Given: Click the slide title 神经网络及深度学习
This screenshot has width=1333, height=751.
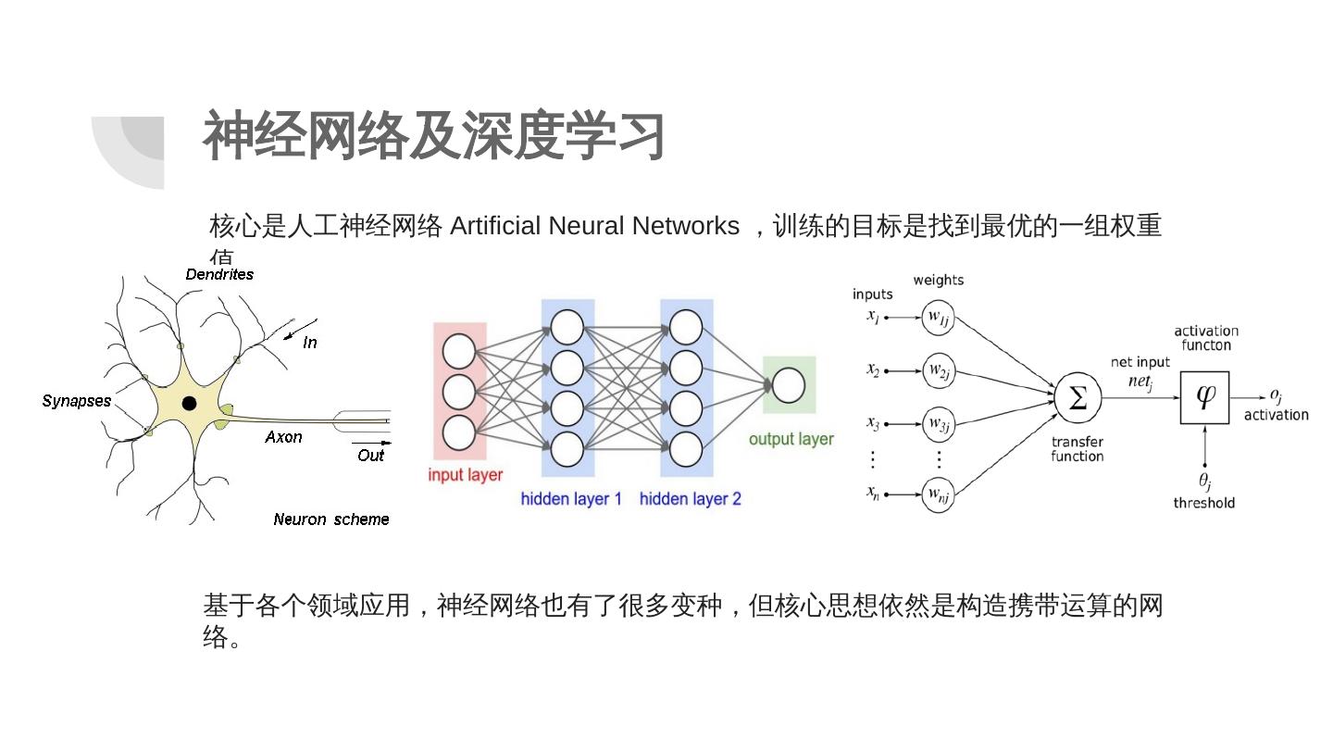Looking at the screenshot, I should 433,136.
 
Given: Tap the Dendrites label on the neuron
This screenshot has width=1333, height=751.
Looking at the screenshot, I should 219,274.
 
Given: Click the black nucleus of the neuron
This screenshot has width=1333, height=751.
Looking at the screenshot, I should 189,403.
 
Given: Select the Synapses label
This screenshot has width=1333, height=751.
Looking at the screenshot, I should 77,401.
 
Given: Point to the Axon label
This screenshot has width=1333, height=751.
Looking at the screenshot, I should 283,437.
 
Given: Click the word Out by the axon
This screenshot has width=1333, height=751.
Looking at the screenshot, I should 370,456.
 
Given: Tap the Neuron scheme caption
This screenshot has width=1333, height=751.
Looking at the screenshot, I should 331,519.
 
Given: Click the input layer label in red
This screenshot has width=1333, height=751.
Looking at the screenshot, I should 465,475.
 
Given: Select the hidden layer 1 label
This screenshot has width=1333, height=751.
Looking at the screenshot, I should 571,499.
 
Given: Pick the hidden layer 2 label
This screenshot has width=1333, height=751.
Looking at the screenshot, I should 691,499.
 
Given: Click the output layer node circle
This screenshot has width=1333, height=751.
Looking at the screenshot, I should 788,385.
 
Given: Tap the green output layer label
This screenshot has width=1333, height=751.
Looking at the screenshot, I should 791,439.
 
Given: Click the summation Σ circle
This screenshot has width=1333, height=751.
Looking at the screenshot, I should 1078,398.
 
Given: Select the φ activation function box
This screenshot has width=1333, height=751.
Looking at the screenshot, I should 1204,397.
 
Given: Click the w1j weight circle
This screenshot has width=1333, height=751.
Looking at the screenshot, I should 938,318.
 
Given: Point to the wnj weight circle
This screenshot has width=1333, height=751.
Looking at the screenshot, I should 938,494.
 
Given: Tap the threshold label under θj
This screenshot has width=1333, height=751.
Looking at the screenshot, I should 1203,503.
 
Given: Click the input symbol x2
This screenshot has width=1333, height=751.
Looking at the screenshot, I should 873,370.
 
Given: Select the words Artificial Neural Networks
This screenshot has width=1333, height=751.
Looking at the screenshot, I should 594,226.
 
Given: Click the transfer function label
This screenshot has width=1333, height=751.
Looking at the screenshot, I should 1078,449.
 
